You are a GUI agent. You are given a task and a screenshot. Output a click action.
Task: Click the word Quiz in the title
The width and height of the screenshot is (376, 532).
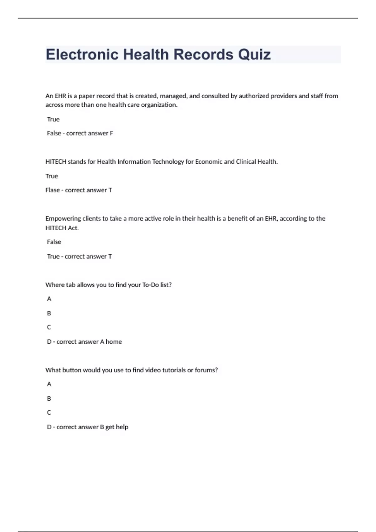pyautogui.click(x=254, y=55)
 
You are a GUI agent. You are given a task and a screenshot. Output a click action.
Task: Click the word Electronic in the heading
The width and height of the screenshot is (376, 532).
pyautogui.click(x=82, y=55)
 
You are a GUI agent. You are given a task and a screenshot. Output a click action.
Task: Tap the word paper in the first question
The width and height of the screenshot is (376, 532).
pyautogui.click(x=86, y=96)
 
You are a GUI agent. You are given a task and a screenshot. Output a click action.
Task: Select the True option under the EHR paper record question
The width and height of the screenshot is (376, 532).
pyautogui.click(x=53, y=119)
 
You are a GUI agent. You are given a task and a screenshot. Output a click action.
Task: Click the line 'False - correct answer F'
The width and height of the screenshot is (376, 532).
pyautogui.click(x=80, y=133)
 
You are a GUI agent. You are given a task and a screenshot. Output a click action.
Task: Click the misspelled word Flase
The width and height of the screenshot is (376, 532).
pyautogui.click(x=52, y=190)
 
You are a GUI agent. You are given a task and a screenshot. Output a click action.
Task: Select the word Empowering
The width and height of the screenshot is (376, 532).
pyautogui.click(x=63, y=219)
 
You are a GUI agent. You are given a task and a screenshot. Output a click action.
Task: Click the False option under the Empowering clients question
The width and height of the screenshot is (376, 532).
pyautogui.click(x=54, y=242)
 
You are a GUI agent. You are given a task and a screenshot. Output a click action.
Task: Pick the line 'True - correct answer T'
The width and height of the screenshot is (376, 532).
pyautogui.click(x=79, y=257)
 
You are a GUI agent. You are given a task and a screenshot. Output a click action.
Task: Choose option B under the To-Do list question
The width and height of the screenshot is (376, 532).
pyautogui.click(x=49, y=313)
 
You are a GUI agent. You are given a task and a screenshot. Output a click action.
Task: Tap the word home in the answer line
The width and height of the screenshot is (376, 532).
pyautogui.click(x=114, y=342)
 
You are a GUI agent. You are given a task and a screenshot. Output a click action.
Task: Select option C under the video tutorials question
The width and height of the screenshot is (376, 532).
pyautogui.click(x=49, y=413)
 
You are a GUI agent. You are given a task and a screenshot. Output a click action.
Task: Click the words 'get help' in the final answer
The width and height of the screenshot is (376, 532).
pyautogui.click(x=117, y=427)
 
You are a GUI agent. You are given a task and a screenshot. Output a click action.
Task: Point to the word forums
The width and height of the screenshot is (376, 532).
pyautogui.click(x=206, y=370)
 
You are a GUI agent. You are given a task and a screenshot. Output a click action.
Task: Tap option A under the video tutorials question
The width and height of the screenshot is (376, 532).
pyautogui.click(x=49, y=384)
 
